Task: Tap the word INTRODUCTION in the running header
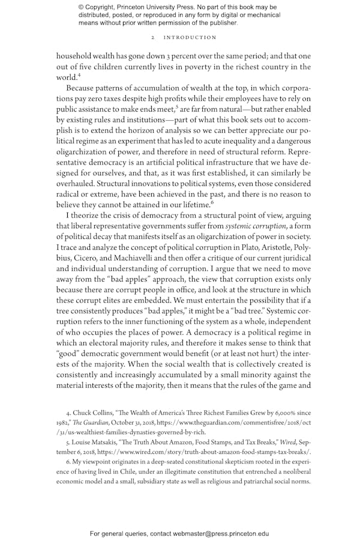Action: (x=191, y=37)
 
